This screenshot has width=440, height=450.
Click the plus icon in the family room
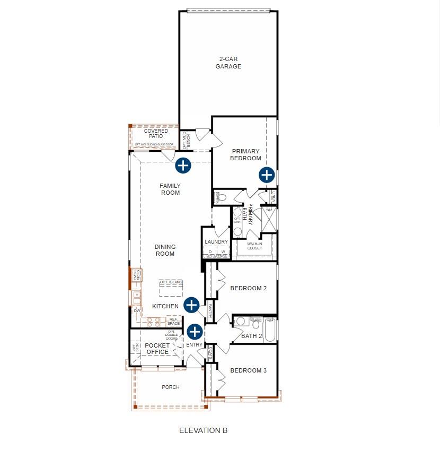click(183, 165)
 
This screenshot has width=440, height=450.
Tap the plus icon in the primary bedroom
click(266, 175)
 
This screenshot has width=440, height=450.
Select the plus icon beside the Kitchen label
click(191, 305)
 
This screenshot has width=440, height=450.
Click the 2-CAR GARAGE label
click(228, 63)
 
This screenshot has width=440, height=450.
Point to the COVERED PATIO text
click(156, 134)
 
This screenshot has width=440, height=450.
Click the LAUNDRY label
click(216, 242)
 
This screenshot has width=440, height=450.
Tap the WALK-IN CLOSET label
click(254, 246)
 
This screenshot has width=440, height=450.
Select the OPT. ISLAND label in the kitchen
click(171, 282)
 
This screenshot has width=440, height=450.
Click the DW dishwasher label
click(136, 310)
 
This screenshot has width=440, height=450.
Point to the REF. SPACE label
click(174, 322)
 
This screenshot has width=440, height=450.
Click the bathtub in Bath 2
click(270, 329)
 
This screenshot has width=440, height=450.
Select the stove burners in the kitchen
click(154, 322)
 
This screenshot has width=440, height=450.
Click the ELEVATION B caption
click(203, 430)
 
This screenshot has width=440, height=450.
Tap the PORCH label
click(170, 387)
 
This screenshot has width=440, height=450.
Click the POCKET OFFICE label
click(157, 349)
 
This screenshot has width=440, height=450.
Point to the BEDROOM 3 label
click(248, 370)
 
